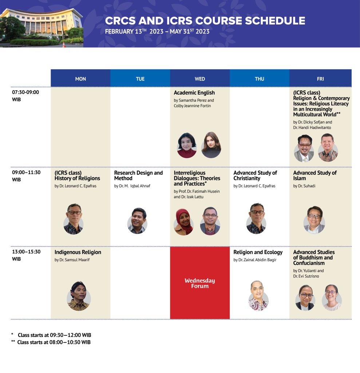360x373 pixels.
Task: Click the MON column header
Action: coord(80,79)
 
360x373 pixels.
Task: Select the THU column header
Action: coord(260,79)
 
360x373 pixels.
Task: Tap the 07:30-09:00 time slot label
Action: coord(25,96)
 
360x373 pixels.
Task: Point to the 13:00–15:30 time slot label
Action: coord(26,255)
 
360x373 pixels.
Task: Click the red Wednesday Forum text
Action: coord(200,283)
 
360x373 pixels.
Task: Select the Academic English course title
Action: coord(194,93)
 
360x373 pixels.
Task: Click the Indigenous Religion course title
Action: coord(78,252)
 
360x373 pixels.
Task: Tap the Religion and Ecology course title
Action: coord(258,252)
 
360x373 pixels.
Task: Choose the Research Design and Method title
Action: coord(138,176)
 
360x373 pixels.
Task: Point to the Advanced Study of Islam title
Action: coord(315,176)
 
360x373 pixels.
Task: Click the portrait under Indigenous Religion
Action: coord(79,296)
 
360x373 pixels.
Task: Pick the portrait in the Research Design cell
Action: coord(138,221)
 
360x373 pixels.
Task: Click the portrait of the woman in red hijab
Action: coord(183,222)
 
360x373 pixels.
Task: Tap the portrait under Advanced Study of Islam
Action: coord(314,220)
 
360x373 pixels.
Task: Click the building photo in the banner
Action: coord(41,28)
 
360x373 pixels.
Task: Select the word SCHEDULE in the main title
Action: coord(275,21)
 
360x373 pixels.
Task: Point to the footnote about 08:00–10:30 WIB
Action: coord(51,342)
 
